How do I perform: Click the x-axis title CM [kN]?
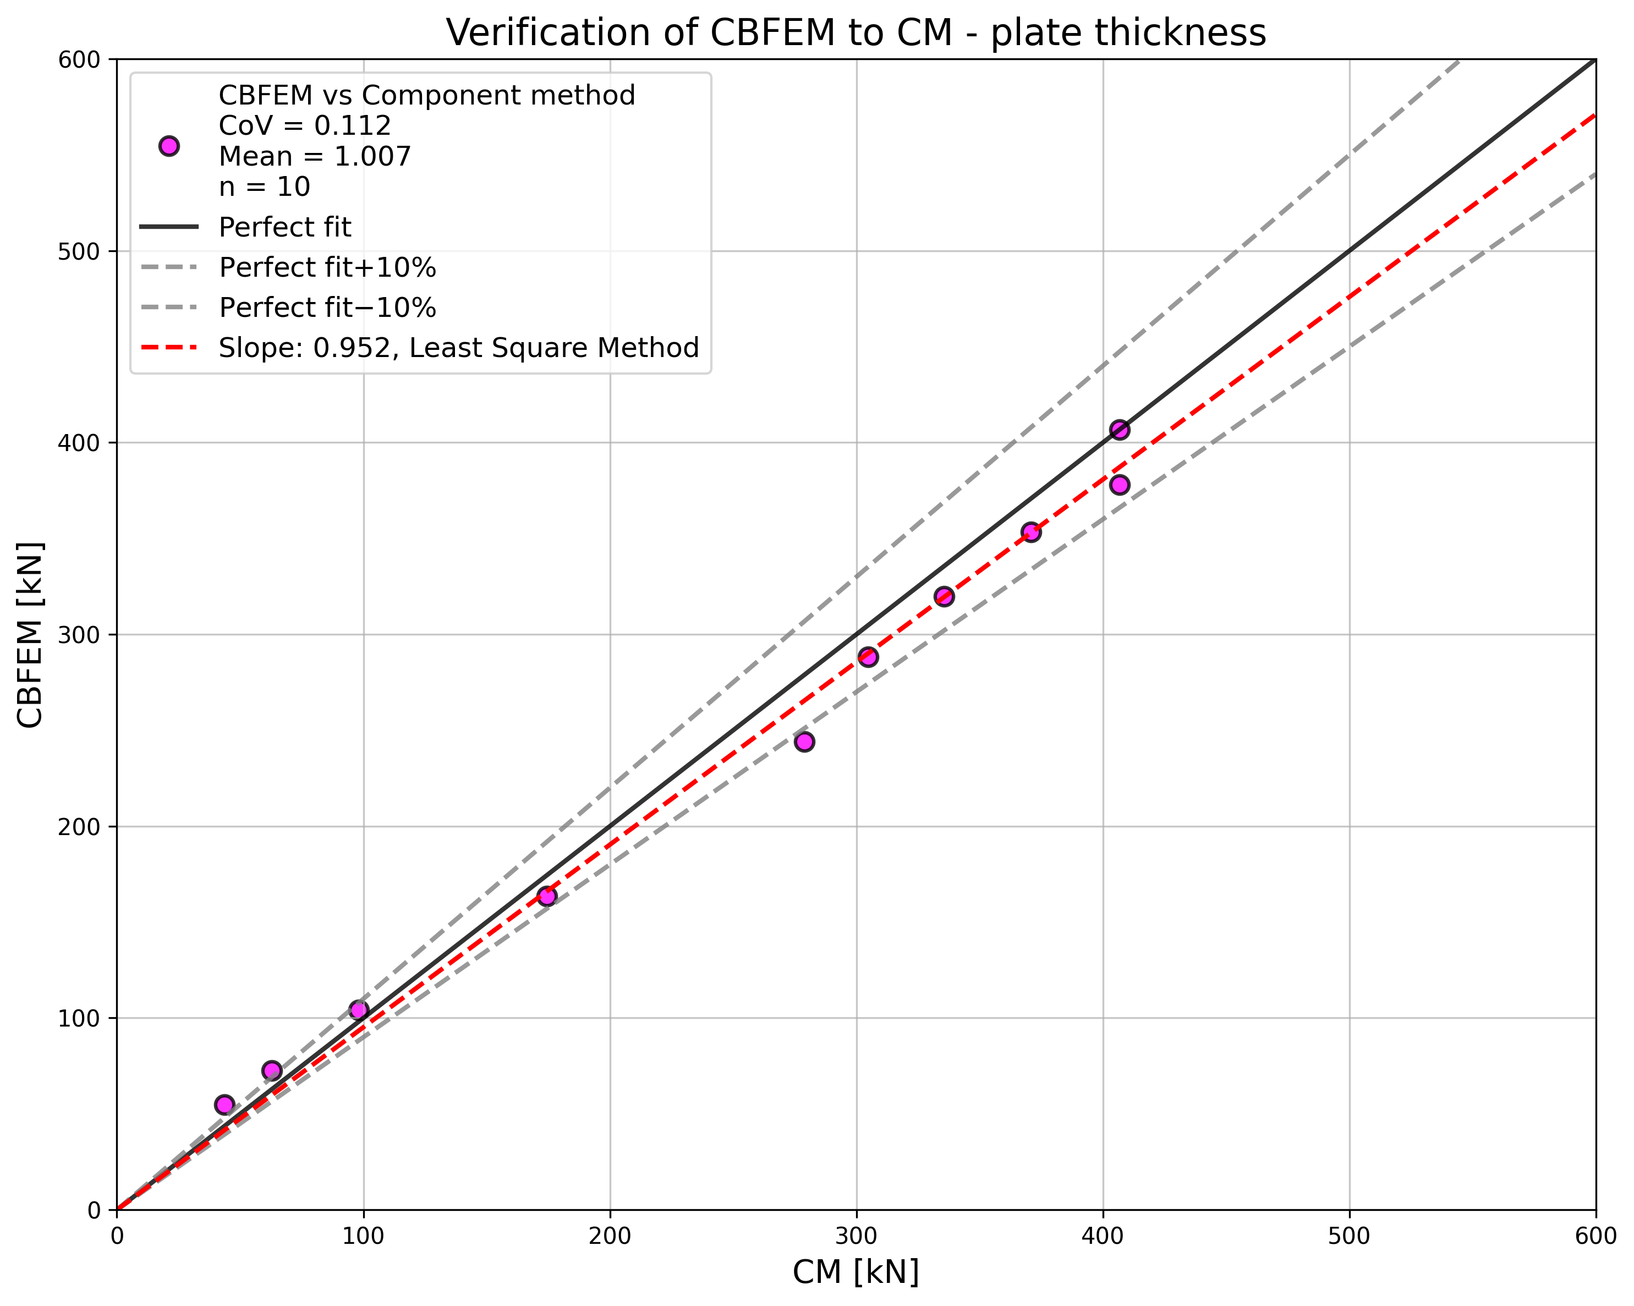coord(856,1272)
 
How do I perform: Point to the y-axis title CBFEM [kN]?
coord(30,634)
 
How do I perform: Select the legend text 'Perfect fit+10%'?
coord(327,267)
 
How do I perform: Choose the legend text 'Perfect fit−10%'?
coord(327,308)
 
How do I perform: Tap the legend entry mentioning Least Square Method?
coord(458,348)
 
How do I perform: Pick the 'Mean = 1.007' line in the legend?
coord(315,156)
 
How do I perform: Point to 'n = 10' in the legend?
coord(265,186)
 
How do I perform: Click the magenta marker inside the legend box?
coord(169,146)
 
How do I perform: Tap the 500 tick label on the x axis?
coord(1349,1236)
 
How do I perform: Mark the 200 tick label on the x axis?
coord(610,1236)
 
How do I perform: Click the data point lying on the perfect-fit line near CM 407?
coord(1120,430)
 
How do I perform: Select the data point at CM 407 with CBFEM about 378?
coord(1120,485)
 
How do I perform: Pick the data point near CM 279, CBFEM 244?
coord(804,742)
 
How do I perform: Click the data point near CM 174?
coord(546,896)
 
